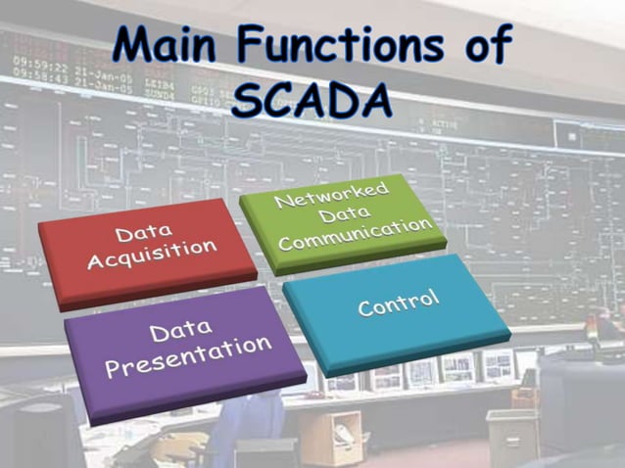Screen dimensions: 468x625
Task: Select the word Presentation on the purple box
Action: tap(188, 356)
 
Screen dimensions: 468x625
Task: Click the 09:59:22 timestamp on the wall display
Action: tap(32, 66)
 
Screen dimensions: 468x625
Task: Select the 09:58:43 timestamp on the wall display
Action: tap(32, 76)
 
